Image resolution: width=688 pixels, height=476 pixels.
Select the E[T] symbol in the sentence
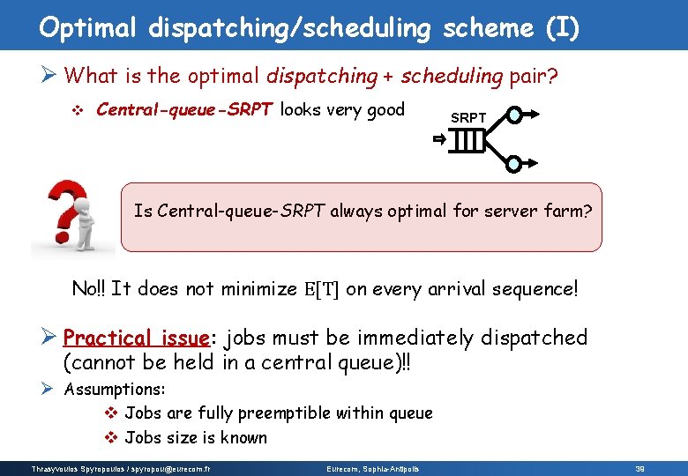click(322, 289)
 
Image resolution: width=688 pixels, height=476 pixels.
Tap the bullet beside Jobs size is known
click(111, 438)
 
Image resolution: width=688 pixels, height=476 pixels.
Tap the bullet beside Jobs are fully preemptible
click(111, 413)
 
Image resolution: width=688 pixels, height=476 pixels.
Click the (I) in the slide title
click(562, 28)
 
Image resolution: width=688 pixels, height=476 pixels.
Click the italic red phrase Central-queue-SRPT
click(186, 110)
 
